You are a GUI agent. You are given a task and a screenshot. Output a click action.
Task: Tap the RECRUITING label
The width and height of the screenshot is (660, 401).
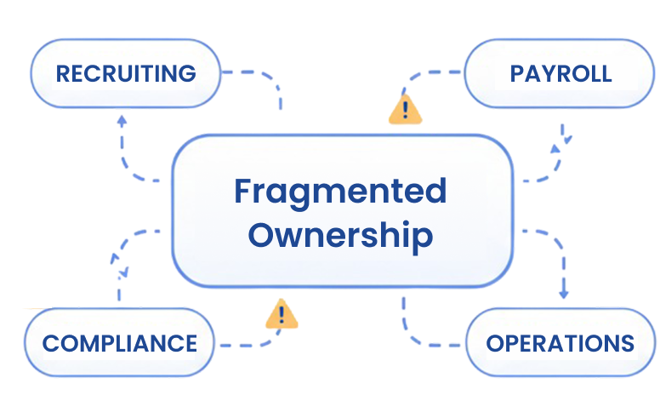click(x=126, y=73)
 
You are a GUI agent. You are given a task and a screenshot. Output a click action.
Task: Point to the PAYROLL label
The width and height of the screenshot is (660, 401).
click(x=560, y=73)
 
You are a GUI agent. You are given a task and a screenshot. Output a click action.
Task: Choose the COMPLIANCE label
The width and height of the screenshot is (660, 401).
click(x=119, y=344)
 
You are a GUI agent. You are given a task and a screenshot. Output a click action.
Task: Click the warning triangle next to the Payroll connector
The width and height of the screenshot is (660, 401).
click(x=405, y=110)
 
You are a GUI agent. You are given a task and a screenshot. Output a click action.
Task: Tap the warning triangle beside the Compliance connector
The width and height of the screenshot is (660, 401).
click(x=282, y=315)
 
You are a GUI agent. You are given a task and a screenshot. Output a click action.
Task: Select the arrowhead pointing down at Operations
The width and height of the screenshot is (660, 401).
click(x=562, y=294)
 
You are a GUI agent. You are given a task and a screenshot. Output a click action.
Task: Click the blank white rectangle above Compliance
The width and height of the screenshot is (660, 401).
click(x=29, y=292)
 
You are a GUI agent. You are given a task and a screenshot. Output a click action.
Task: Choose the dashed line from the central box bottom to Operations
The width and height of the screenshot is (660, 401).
click(x=417, y=335)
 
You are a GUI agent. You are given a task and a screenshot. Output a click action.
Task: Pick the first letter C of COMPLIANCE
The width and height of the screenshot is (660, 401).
click(x=50, y=344)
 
